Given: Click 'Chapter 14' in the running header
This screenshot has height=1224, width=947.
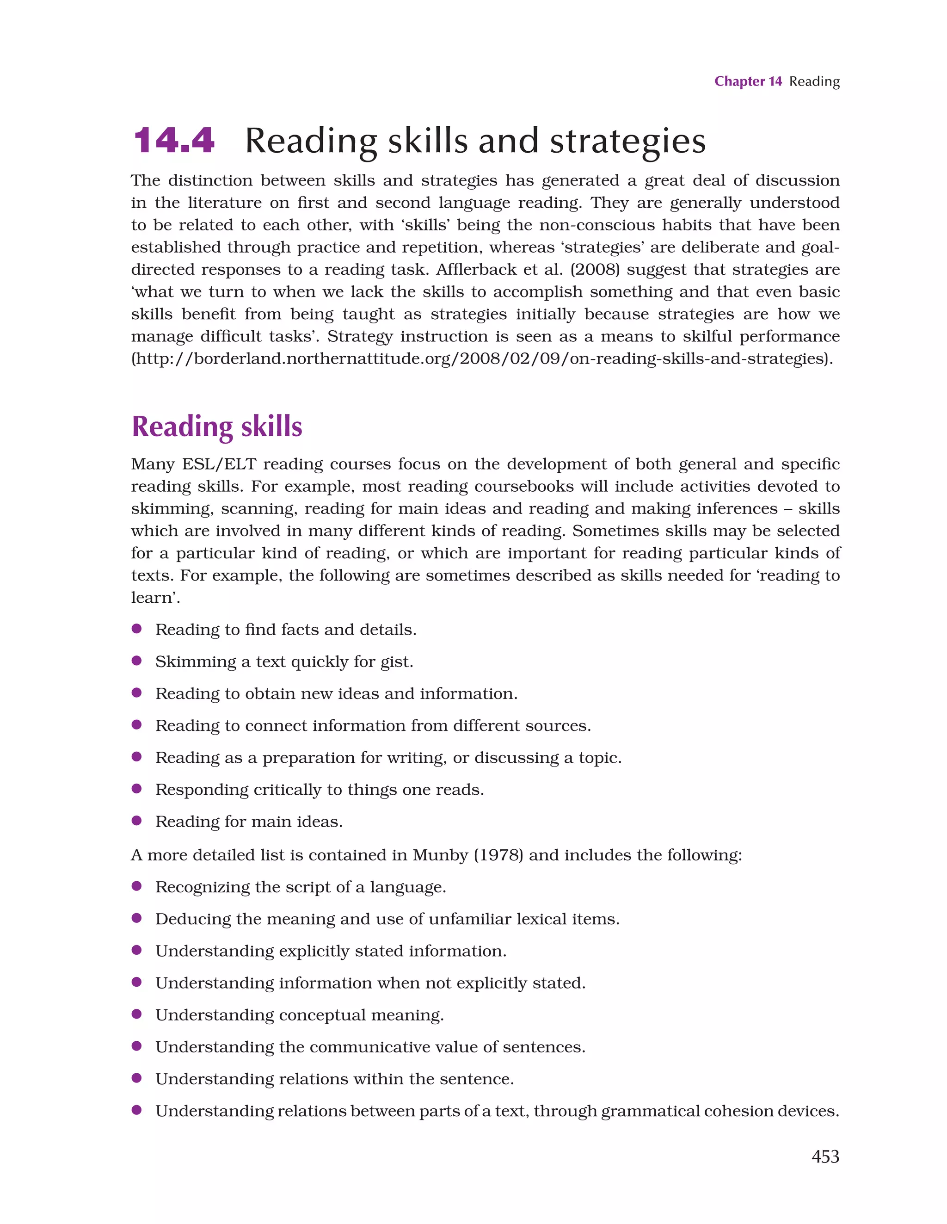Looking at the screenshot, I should coord(748,81).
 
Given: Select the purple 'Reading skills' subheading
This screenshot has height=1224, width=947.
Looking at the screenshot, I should coord(217,427).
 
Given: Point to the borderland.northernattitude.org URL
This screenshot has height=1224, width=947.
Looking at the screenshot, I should coord(482,359).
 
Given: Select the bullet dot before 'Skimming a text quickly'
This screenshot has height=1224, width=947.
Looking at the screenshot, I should coord(136,661).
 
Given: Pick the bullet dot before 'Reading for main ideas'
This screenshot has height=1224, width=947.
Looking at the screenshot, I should coord(136,821).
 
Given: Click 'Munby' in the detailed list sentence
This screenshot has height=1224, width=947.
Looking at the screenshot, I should coord(440,855).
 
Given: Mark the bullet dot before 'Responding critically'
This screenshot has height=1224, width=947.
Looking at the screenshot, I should coord(136,789).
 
